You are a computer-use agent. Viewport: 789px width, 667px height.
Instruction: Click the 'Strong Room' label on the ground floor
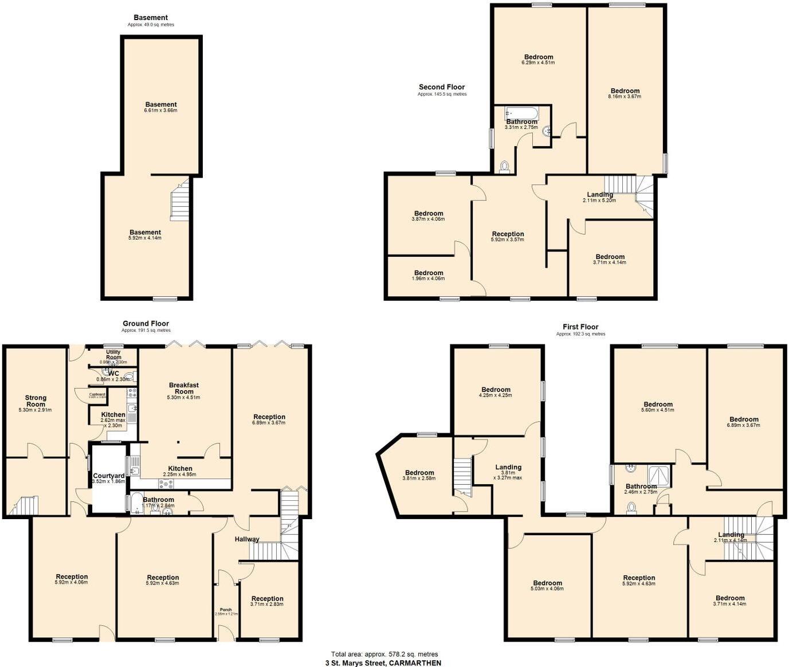point(36,401)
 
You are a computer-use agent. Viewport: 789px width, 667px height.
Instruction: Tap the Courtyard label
point(109,476)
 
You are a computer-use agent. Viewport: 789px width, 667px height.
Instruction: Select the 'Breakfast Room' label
point(184,388)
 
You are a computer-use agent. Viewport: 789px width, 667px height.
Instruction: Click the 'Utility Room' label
point(113,355)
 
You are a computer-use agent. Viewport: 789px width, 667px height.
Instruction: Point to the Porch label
point(226,610)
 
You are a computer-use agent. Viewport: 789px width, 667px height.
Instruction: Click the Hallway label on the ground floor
point(247,539)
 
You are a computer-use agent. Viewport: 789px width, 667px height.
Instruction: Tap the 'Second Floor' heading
point(442,87)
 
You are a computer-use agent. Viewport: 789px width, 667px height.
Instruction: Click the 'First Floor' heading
point(580,327)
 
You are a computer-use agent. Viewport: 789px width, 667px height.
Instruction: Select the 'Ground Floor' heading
point(146,324)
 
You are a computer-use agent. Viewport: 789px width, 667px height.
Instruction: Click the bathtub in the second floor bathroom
point(521,113)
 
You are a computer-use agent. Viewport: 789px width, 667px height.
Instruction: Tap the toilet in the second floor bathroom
point(504,166)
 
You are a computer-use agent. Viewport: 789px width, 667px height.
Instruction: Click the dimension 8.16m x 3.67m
point(625,97)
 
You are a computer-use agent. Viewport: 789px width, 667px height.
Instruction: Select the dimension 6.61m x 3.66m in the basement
point(161,111)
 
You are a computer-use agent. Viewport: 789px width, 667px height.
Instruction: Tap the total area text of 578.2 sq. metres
point(384,654)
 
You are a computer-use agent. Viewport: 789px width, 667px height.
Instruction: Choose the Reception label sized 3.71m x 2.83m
point(267,602)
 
